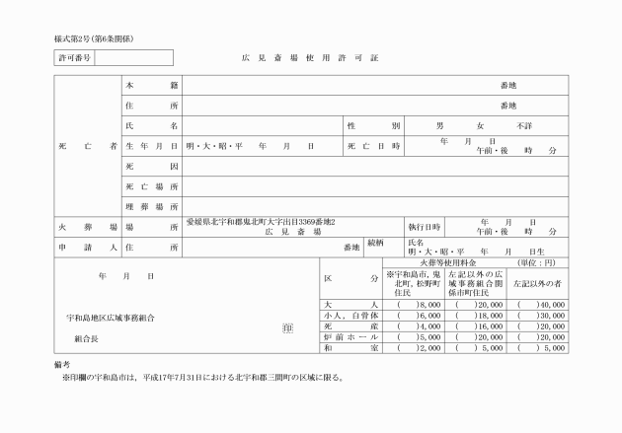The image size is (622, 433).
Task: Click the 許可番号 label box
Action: point(74,58)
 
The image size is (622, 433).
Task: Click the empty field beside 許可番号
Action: point(134,58)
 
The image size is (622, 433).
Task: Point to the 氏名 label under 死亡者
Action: point(151,126)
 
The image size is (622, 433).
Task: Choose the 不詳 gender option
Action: point(524,126)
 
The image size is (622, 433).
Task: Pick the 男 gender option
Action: point(440,126)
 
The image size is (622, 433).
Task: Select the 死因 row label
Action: point(151,166)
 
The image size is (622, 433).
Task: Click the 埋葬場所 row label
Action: point(151,205)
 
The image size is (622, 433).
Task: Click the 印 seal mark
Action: point(286,326)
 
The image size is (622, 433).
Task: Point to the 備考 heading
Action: point(64,365)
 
